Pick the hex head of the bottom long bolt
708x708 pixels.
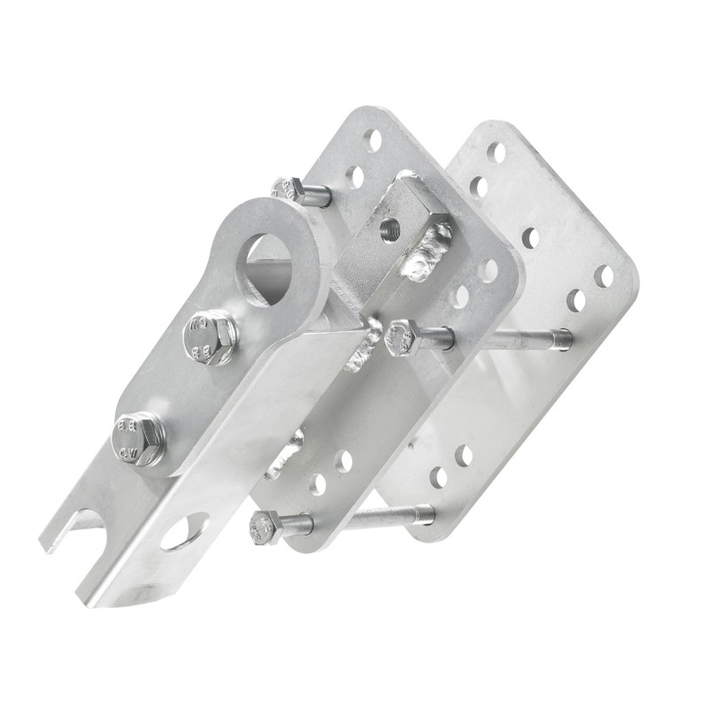[x=265, y=527]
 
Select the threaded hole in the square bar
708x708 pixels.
[x=389, y=232]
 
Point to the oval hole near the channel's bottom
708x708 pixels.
[x=185, y=530]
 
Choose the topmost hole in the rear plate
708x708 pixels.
[x=496, y=153]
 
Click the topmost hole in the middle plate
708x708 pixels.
[x=373, y=140]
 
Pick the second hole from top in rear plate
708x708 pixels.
[x=479, y=187]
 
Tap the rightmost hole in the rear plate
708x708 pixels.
[x=604, y=276]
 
